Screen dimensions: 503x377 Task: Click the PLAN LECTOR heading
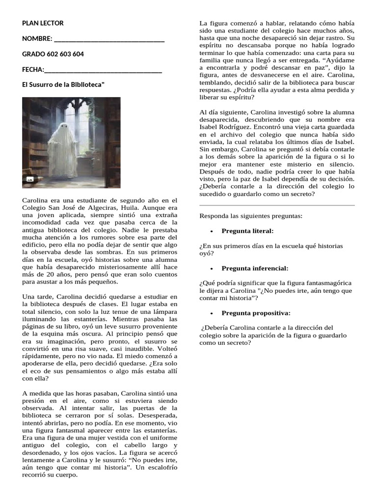(x=43, y=23)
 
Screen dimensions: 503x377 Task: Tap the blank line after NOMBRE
(x=109, y=39)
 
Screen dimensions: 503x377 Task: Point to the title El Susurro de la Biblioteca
(x=63, y=84)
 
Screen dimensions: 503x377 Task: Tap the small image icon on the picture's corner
(x=30, y=180)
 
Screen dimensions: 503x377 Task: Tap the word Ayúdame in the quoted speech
(x=342, y=60)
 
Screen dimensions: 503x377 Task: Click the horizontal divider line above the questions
(x=277, y=205)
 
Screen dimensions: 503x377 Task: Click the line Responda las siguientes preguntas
(x=251, y=216)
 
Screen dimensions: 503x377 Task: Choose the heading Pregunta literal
(x=247, y=231)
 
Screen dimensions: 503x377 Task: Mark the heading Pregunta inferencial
(x=255, y=268)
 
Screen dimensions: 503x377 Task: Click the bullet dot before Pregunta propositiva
(x=211, y=313)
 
